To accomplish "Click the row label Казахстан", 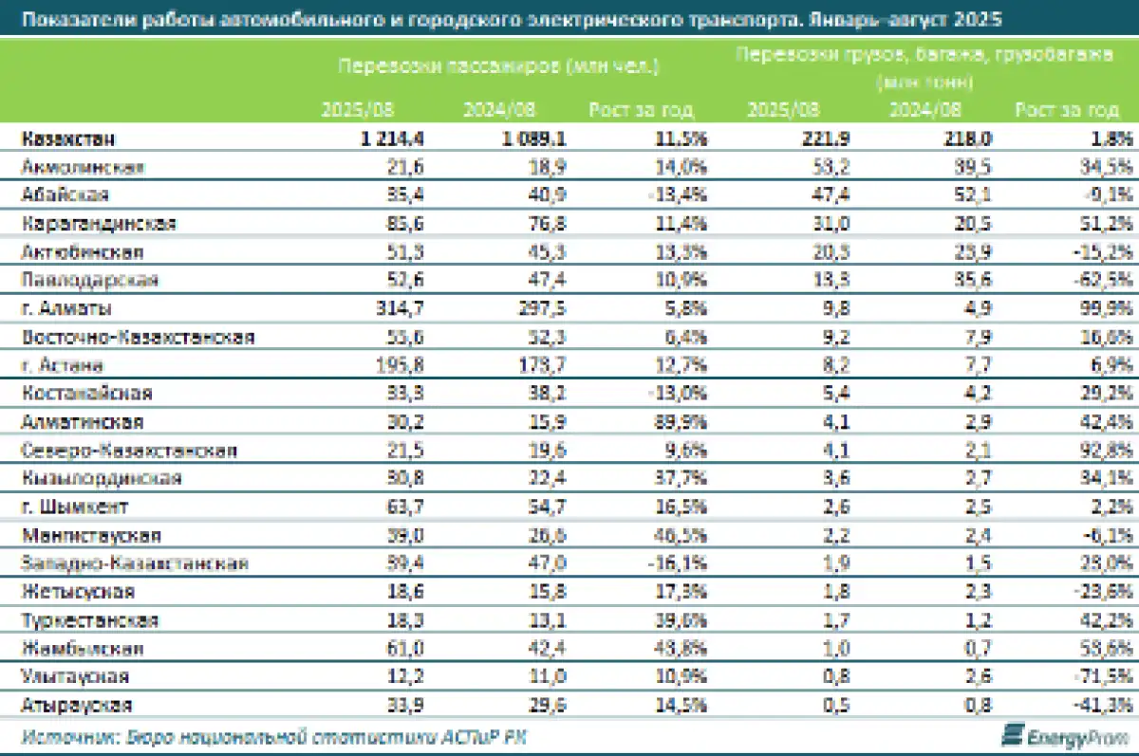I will click(68, 138).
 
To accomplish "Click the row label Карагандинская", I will click(99, 224).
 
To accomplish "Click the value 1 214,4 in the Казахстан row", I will click(392, 138).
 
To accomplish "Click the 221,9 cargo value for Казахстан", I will click(826, 138).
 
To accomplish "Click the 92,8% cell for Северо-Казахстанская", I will click(1109, 450).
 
